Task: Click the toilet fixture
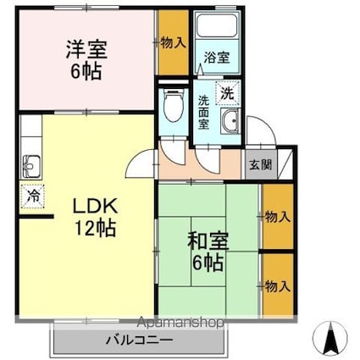[174, 106]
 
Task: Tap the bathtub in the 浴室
[217, 25]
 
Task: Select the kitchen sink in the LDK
[30, 167]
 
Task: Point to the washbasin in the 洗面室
[230, 120]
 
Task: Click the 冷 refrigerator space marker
[32, 196]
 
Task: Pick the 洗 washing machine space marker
[228, 92]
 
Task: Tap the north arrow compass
[330, 338]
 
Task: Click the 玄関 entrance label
[261, 164]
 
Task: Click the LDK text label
[95, 206]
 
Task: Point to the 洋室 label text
[86, 50]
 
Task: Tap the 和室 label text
[208, 241]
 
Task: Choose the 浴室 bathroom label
[217, 58]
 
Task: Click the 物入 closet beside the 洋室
[173, 43]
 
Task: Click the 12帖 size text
[95, 228]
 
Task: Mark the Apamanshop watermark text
[180, 323]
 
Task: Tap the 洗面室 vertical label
[203, 113]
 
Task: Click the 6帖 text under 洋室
[86, 71]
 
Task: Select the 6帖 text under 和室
[208, 263]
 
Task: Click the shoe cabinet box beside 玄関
[285, 164]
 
